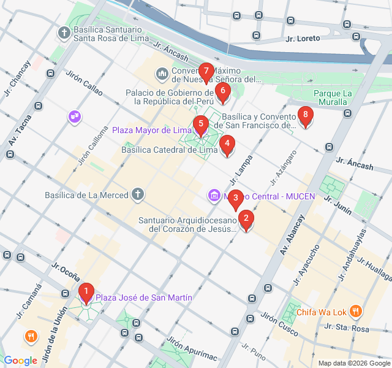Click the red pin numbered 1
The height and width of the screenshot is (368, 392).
click(x=86, y=293)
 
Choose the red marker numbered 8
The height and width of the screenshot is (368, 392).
click(x=304, y=115)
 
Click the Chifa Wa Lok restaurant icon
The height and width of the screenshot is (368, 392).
click(x=356, y=312)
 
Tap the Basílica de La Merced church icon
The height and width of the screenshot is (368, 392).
click(x=138, y=195)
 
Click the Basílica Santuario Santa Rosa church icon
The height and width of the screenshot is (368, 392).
click(x=64, y=32)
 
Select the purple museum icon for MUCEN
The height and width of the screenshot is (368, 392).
click(x=213, y=196)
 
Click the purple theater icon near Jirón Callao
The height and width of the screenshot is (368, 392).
click(x=75, y=115)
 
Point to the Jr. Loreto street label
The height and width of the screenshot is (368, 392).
click(x=303, y=38)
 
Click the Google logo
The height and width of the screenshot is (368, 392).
click(x=20, y=360)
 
